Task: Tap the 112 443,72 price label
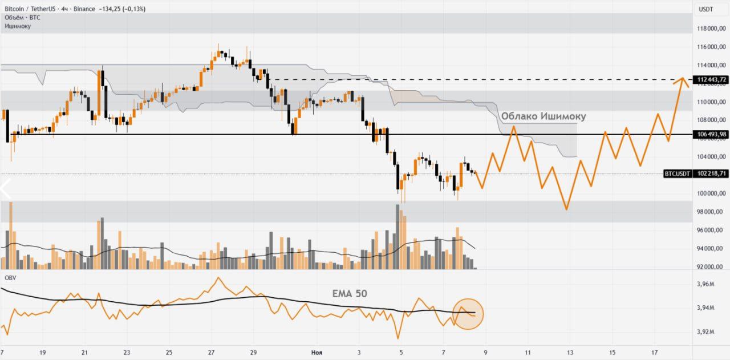pos(710,79)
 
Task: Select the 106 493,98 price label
pos(710,135)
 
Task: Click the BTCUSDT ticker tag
pos(678,173)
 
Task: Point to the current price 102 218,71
pos(710,173)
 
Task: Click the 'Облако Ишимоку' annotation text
pos(543,116)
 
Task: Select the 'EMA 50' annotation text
pos(350,294)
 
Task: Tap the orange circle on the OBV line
pos(468,314)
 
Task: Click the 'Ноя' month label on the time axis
pos(317,353)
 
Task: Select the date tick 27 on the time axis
pos(211,353)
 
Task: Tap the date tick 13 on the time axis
pos(570,353)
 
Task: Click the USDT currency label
pos(706,9)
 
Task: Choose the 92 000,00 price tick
pos(709,267)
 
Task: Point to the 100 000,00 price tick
pos(709,193)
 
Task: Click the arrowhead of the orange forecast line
pos(681,78)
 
